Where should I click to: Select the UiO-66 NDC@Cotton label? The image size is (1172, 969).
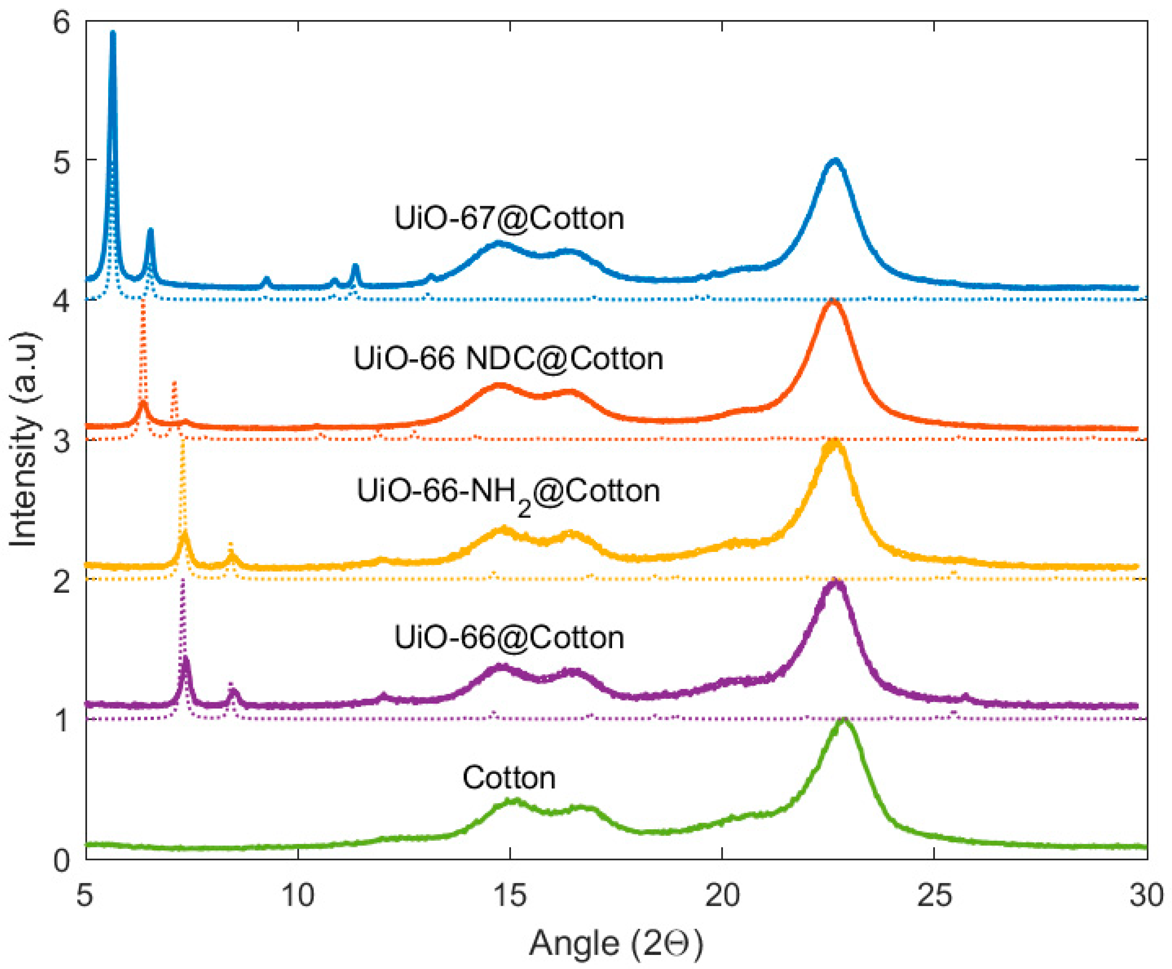508,358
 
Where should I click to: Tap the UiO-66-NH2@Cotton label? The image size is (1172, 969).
508,493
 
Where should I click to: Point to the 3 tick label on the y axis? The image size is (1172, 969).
62,441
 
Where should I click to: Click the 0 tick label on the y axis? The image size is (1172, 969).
62,860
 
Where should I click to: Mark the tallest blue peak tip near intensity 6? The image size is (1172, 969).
113,33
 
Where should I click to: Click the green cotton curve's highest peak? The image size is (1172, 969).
844,721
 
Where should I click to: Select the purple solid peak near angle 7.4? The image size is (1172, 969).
186,660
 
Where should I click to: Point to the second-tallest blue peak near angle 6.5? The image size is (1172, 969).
150,230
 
